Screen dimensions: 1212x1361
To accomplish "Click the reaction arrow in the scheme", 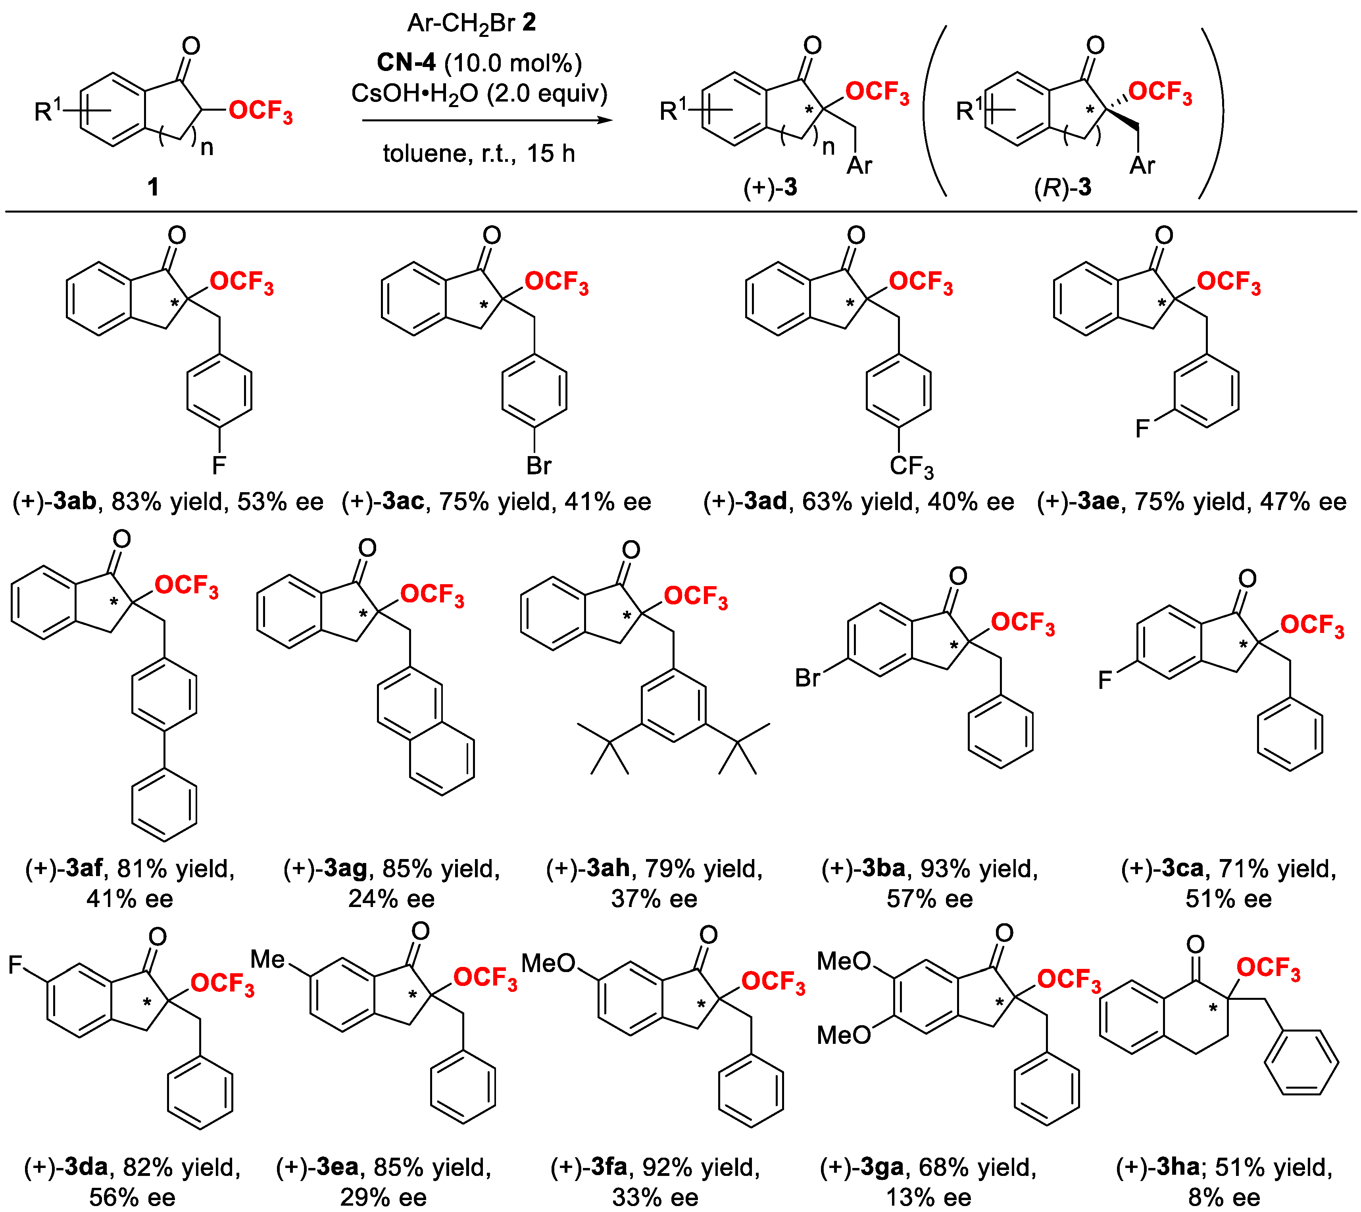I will pyautogui.click(x=486, y=121).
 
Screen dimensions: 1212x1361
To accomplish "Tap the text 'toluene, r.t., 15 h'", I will pyautogui.click(x=478, y=154).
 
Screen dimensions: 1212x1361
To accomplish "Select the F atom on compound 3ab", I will pyautogui.click(x=219, y=465).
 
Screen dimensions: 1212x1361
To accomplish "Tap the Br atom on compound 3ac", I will pyautogui.click(x=538, y=465).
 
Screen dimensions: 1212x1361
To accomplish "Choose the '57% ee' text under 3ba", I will pyautogui.click(x=929, y=899).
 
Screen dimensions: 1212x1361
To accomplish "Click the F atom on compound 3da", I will pyautogui.click(x=16, y=964).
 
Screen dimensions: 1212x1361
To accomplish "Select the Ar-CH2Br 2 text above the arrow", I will pyautogui.click(x=472, y=23).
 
